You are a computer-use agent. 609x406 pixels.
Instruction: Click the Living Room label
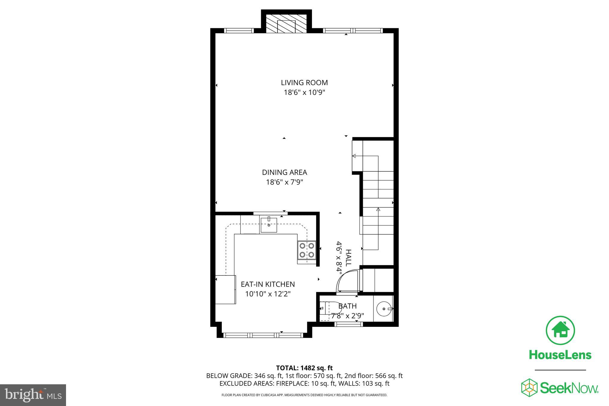click(304, 82)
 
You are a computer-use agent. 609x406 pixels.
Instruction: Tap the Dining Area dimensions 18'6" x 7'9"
click(284, 182)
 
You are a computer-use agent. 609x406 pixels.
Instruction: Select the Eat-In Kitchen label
click(268, 284)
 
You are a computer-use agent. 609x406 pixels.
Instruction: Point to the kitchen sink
click(269, 225)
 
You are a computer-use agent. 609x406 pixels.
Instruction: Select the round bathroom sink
click(384, 309)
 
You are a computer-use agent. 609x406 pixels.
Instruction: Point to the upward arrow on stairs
click(378, 209)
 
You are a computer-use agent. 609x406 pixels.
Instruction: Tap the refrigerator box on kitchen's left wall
click(225, 290)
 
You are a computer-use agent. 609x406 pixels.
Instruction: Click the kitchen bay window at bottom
click(263, 335)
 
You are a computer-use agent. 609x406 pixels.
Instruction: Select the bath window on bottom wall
click(349, 324)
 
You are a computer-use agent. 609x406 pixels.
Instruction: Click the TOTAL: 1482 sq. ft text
click(304, 368)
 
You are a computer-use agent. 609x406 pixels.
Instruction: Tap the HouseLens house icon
click(560, 330)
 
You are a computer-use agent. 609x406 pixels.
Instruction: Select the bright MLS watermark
click(33, 395)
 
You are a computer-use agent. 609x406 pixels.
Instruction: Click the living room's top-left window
click(239, 30)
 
